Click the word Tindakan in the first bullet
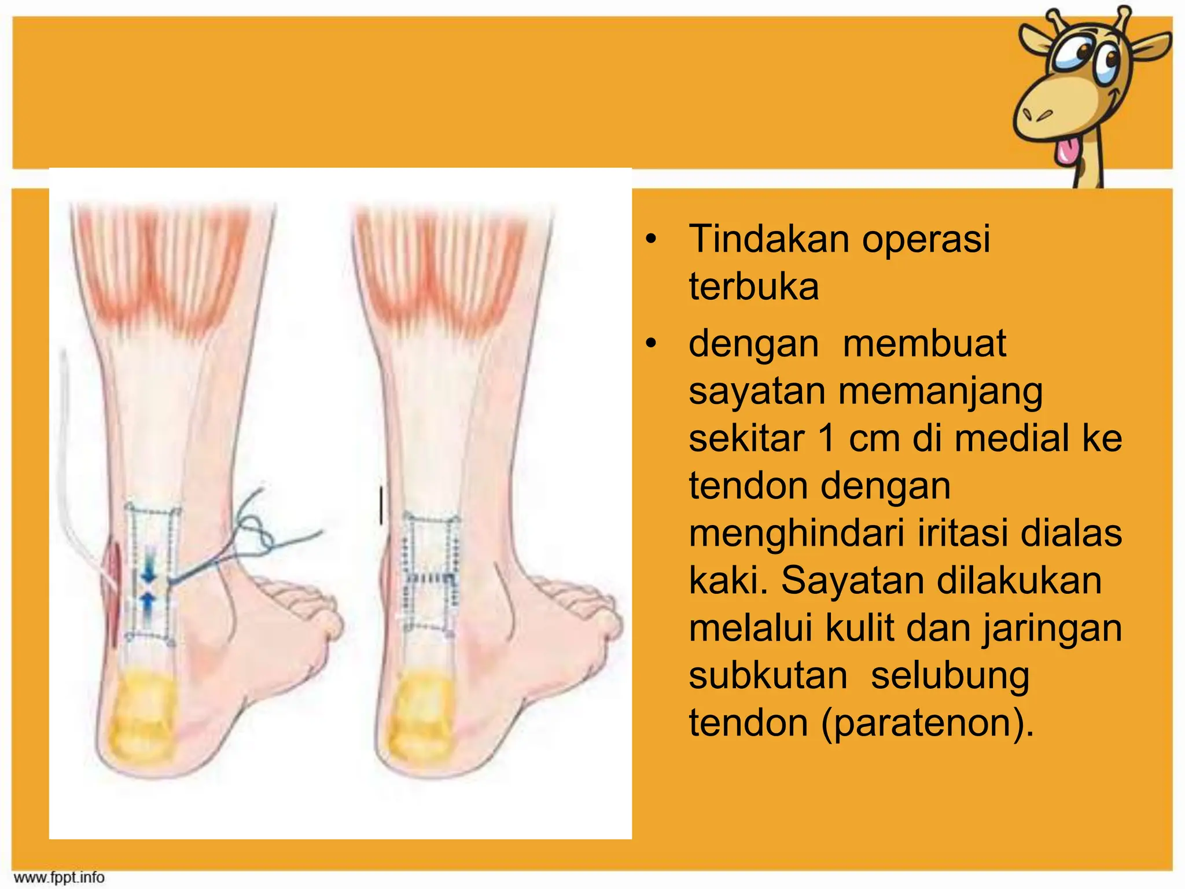770,239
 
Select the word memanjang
940,392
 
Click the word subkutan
768,676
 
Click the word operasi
926,239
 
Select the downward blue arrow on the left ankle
149,572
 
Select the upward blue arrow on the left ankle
148,605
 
